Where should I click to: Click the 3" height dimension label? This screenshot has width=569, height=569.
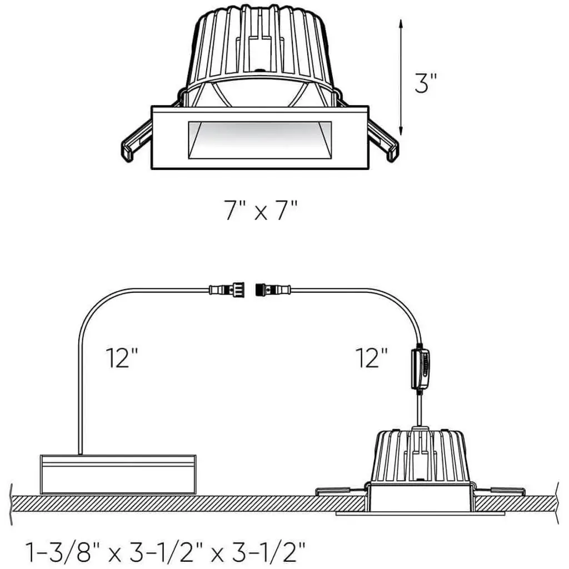[426, 83]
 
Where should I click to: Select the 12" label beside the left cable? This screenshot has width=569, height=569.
[122, 358]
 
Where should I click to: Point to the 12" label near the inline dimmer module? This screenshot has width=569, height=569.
[372, 358]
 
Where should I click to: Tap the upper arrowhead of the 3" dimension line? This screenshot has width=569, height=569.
[401, 24]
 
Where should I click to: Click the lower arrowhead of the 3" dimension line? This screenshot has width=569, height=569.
[401, 130]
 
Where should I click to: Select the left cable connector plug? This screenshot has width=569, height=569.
[227, 290]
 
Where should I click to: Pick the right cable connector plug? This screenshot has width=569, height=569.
[273, 290]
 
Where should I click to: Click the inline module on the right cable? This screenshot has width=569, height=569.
[420, 369]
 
